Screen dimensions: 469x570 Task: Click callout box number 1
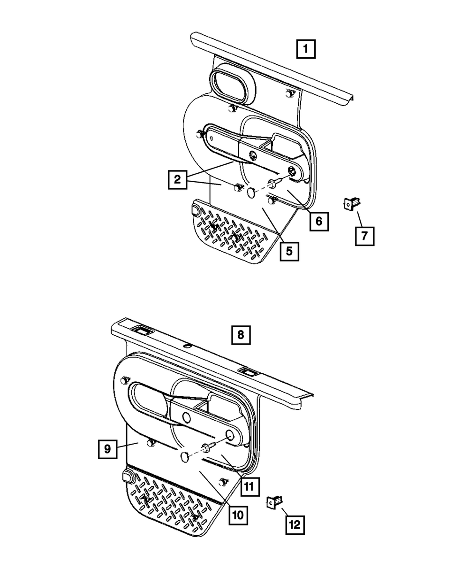(305, 48)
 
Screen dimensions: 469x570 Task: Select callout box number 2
(177, 179)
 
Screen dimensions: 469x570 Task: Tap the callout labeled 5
(289, 251)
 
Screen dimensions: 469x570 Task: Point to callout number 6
(318, 221)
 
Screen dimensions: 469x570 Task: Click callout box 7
(364, 236)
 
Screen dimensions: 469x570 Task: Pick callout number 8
(241, 335)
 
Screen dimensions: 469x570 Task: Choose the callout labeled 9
(107, 449)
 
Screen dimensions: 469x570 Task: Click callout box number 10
(238, 515)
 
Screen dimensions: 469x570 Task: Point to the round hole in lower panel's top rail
(187, 346)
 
